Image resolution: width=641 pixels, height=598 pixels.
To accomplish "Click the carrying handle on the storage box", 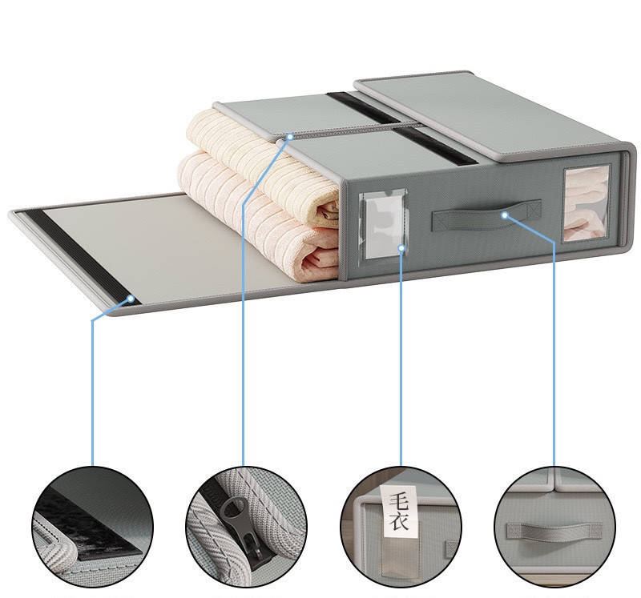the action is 486,215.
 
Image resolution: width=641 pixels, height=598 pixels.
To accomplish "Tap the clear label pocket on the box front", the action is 383,225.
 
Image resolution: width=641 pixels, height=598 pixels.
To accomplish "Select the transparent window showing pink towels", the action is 587,203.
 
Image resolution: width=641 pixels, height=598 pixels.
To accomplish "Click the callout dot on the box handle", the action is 505,215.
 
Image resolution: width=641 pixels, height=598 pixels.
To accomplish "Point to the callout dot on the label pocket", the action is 402,248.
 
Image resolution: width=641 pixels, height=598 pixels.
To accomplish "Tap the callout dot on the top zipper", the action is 290,136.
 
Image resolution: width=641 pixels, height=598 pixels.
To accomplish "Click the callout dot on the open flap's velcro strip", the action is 131,299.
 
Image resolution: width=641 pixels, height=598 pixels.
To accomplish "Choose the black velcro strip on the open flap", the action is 84,257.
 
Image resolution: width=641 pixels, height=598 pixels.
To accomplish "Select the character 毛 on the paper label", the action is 398,500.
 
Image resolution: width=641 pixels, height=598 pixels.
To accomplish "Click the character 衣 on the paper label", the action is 398,521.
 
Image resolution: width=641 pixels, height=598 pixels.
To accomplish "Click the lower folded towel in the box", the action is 257,221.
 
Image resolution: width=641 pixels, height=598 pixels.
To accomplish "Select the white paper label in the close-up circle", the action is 398,511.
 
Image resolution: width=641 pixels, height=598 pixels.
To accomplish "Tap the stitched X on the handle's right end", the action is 534,211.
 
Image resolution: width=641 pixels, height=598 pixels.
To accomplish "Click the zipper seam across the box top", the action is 348,129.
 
